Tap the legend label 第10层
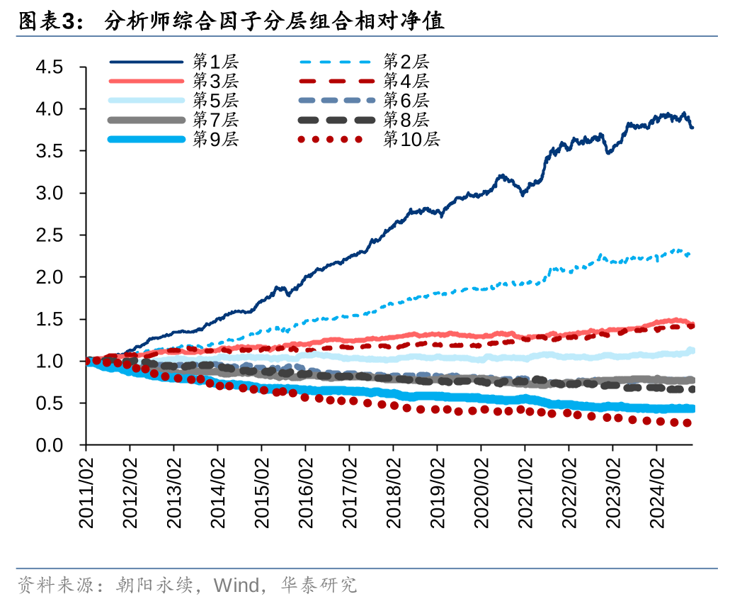[411, 140]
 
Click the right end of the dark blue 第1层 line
[692, 128]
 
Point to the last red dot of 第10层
[686, 423]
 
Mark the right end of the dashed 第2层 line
[689, 254]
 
